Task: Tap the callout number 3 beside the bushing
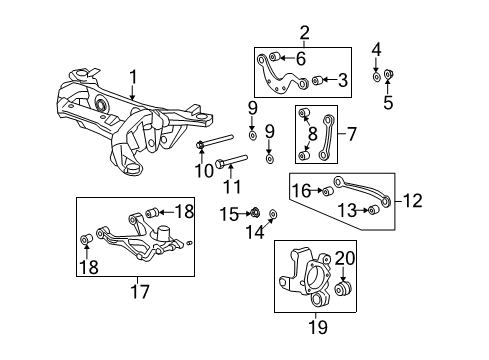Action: point(341,80)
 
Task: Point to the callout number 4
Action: point(376,48)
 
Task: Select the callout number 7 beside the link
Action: point(350,131)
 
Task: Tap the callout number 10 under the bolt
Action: point(203,170)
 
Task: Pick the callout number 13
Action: point(345,210)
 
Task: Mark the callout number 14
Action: point(259,231)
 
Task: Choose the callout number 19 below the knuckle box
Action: point(316,325)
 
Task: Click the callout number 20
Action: point(345,258)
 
